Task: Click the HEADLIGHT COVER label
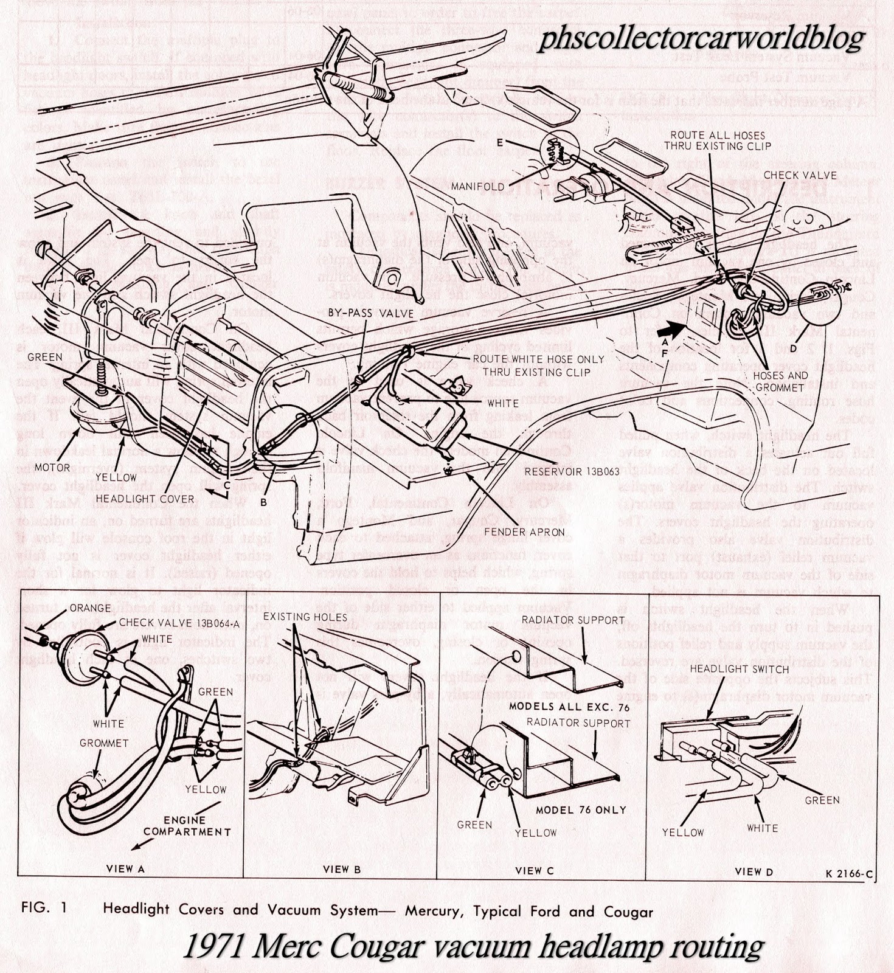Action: coord(156,499)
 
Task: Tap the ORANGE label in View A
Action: coord(91,608)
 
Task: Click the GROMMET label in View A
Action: coord(104,743)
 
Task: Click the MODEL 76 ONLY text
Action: coord(581,810)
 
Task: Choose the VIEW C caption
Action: coord(535,871)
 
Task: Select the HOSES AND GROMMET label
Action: coord(780,381)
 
